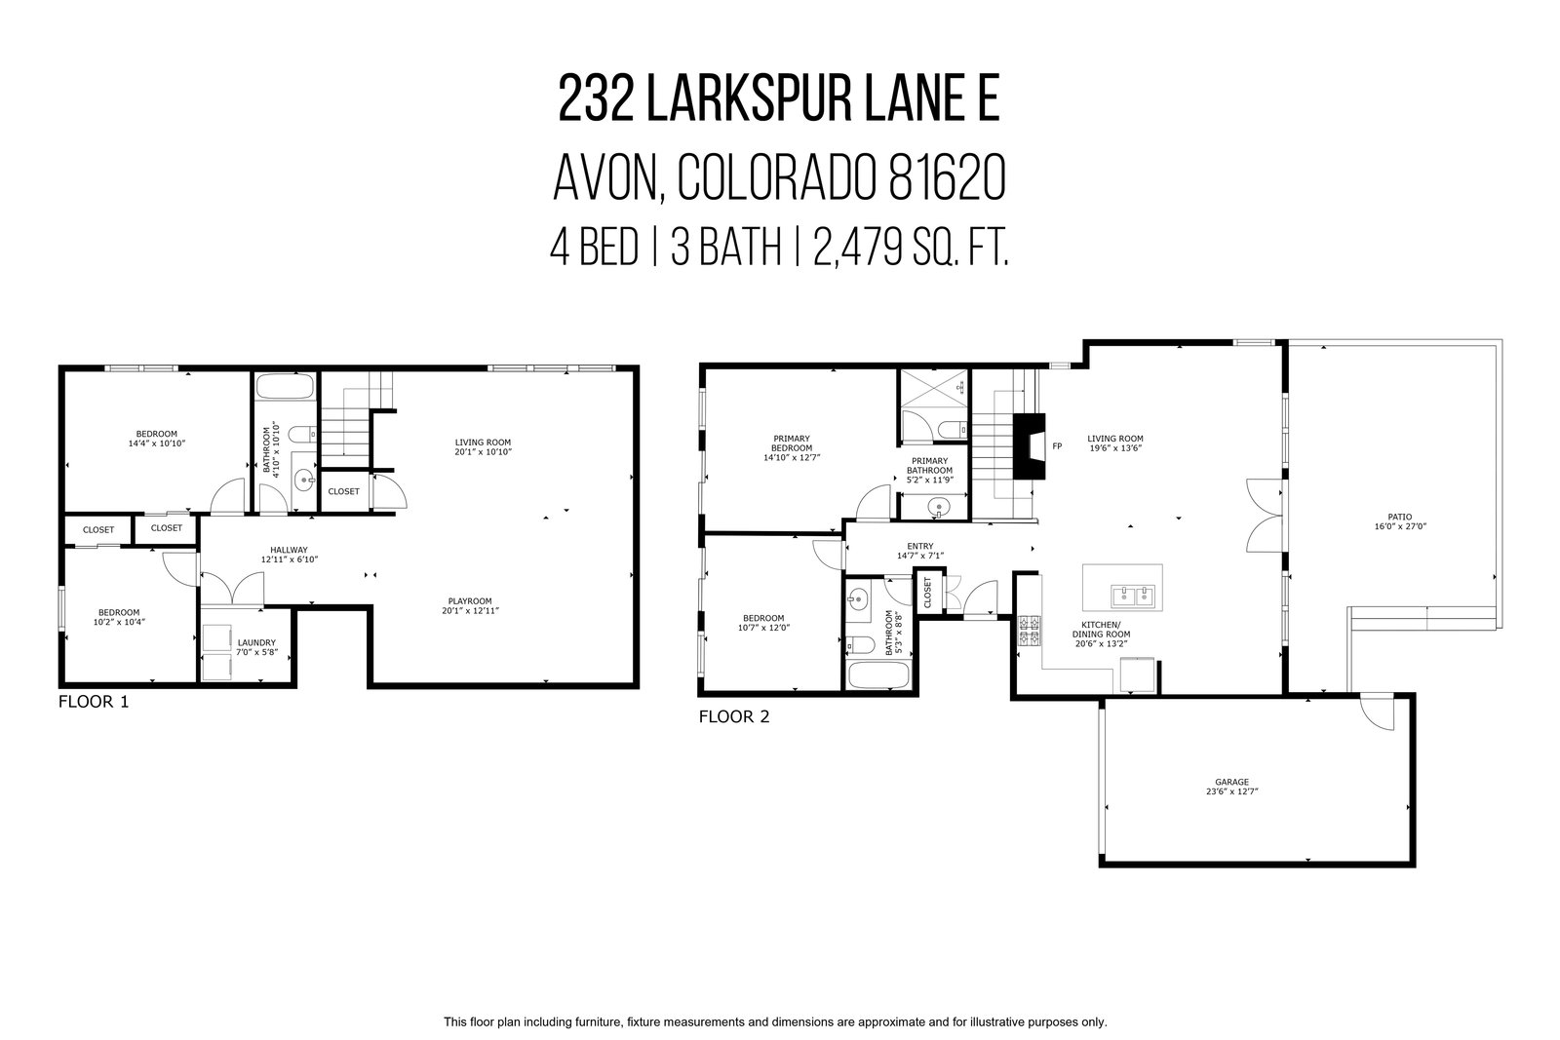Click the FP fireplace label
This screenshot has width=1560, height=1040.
coord(1057,446)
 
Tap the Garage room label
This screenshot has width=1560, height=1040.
coord(1232,782)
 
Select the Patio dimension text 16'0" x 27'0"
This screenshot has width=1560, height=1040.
coord(1399,526)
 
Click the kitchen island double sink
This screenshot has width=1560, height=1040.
coord(1132,597)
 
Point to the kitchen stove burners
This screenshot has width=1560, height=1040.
coord(1030,631)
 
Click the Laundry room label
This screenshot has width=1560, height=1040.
coord(257,642)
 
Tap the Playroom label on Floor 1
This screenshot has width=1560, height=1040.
coord(470,601)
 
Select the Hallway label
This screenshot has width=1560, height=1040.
coord(289,550)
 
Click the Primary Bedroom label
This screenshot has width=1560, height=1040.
coord(792,443)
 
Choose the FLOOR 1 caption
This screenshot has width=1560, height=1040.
coord(94,702)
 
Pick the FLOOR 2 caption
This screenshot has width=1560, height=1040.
coord(734,717)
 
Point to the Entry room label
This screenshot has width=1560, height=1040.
coord(920,547)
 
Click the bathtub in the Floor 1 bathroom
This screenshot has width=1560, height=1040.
coord(284,386)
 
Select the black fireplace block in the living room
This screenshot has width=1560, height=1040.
coord(1029,446)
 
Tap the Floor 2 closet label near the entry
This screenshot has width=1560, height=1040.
coord(927,592)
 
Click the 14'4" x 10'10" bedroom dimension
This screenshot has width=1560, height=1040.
coord(157,443)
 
